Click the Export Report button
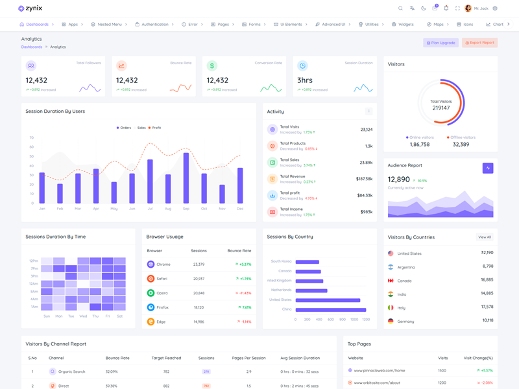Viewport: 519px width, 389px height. (x=479, y=43)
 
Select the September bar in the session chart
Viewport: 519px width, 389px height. (x=186, y=178)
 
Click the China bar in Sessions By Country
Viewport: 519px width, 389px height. (x=331, y=310)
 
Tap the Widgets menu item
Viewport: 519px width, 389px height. (x=402, y=25)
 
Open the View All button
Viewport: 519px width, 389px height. (x=484, y=237)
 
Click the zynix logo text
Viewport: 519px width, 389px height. (x=34, y=8)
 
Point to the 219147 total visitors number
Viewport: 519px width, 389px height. (x=441, y=108)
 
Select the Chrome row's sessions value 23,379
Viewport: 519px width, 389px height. (x=199, y=265)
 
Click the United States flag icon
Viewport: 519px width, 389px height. (x=391, y=253)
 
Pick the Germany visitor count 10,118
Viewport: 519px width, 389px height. (x=487, y=320)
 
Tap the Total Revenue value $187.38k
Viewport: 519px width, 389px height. (x=364, y=179)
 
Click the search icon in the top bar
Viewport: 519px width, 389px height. (x=400, y=8)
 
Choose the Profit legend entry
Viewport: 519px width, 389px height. (x=154, y=128)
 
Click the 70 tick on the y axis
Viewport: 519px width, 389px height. (x=31, y=138)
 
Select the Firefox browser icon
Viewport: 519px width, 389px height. (x=151, y=307)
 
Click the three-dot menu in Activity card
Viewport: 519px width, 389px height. (x=368, y=112)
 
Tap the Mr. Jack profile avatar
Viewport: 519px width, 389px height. (x=468, y=8)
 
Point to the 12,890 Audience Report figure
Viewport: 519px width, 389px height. (x=398, y=180)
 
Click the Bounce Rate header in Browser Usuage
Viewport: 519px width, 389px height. (x=239, y=250)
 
